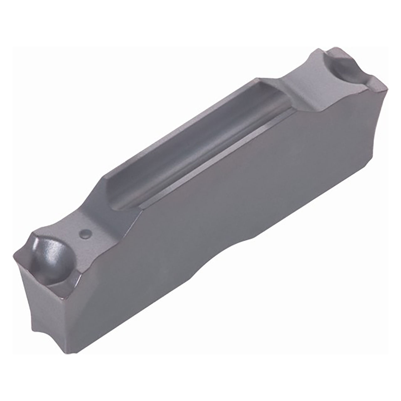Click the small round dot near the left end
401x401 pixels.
[85, 233]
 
